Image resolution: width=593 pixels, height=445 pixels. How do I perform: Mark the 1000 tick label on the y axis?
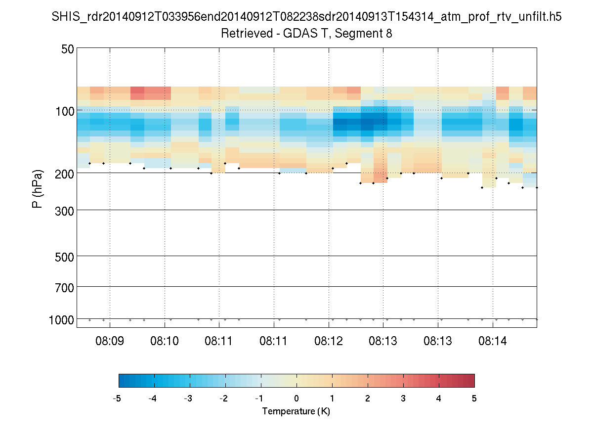(x=61, y=320)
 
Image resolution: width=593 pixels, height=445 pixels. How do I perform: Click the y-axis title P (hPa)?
(x=38, y=189)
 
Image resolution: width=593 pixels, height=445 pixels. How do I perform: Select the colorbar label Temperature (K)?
(x=296, y=411)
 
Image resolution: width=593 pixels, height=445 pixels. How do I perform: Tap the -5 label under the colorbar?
(x=118, y=399)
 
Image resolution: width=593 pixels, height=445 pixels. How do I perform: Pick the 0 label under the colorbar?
(x=296, y=399)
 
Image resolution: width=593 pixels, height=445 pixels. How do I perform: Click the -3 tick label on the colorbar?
(x=188, y=399)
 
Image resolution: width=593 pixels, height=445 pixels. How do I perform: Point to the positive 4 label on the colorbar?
(x=439, y=399)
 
